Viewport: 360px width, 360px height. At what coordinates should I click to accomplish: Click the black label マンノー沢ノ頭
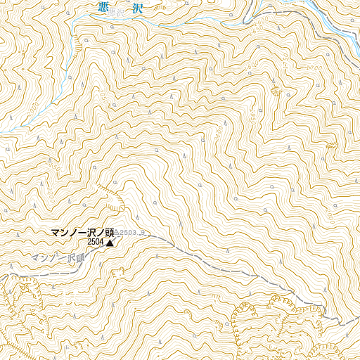coord(82,233)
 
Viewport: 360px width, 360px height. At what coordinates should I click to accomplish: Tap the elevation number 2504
coord(96,243)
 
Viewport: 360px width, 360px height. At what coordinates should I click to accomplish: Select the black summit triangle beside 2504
coord(110,243)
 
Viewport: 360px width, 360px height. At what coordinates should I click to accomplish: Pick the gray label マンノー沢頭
coord(57,259)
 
